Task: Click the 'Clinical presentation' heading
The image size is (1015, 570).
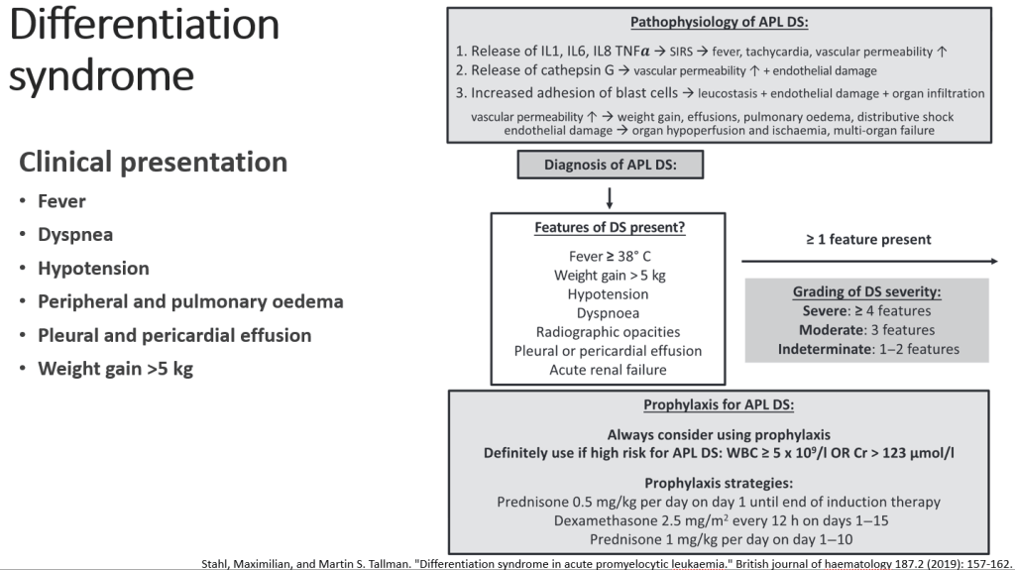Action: (x=153, y=163)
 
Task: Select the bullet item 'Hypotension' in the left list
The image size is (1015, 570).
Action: (x=93, y=269)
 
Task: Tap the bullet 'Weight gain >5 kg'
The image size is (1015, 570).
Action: (x=115, y=369)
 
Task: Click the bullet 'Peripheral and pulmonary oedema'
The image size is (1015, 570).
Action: (x=190, y=301)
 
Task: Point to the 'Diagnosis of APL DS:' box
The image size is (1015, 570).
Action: (x=610, y=165)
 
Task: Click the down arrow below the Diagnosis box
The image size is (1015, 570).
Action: (x=610, y=198)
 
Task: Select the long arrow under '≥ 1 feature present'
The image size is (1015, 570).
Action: (x=869, y=261)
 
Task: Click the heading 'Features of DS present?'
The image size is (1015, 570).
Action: (x=610, y=227)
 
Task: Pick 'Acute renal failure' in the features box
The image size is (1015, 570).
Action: (x=608, y=370)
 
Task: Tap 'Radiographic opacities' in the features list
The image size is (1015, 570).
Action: (x=608, y=332)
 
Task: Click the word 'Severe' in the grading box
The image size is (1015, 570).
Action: (x=825, y=311)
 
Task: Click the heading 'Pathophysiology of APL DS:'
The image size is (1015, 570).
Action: (x=720, y=23)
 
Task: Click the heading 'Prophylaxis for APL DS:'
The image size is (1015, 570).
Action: (x=719, y=405)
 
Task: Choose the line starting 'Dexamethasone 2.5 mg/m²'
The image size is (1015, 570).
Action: (x=721, y=520)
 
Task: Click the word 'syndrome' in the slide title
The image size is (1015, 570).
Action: (x=102, y=76)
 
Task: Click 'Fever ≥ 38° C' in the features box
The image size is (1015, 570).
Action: (x=610, y=257)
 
